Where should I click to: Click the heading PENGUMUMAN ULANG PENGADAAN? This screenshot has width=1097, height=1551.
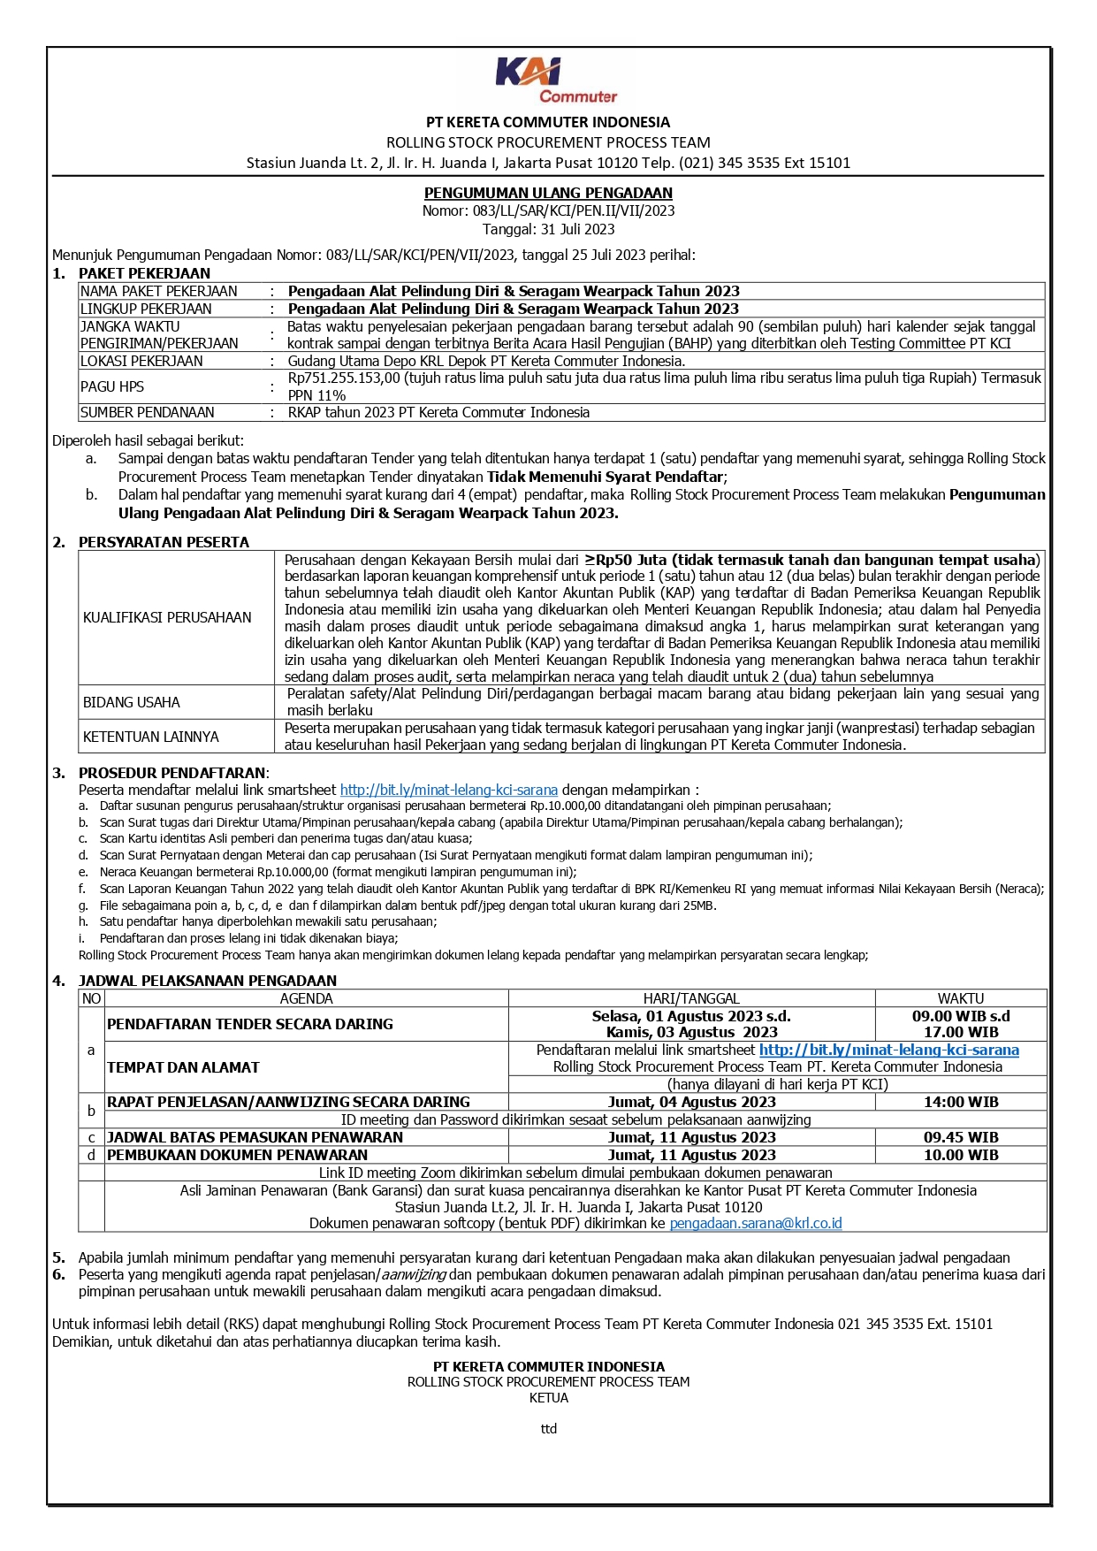pyautogui.click(x=548, y=193)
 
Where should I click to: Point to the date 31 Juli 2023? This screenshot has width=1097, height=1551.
pyautogui.click(x=574, y=229)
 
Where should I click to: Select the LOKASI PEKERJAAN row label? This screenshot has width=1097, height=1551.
pyautogui.click(x=141, y=361)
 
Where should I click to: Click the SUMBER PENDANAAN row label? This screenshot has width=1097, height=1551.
pyautogui.click(x=148, y=412)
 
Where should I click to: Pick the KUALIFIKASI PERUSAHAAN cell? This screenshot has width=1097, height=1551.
pyautogui.click(x=167, y=617)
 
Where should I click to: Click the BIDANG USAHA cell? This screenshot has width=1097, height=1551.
pyautogui.click(x=132, y=702)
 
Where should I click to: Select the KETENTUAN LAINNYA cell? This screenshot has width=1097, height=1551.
pyautogui.click(x=151, y=737)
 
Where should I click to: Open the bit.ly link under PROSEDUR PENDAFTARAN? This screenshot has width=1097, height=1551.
pyautogui.click(x=448, y=790)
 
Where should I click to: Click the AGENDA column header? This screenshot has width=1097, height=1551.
pyautogui.click(x=306, y=998)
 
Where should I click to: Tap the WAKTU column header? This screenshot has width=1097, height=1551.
pyautogui.click(x=961, y=998)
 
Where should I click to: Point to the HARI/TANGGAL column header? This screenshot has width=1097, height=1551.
pyautogui.click(x=691, y=998)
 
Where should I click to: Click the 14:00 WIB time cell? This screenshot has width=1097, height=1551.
pyautogui.click(x=961, y=1102)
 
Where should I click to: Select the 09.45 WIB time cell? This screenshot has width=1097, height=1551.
pyautogui.click(x=961, y=1137)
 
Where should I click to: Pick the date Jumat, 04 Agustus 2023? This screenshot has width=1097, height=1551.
pyautogui.click(x=691, y=1102)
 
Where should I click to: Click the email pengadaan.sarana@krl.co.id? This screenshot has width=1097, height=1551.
pyautogui.click(x=756, y=1223)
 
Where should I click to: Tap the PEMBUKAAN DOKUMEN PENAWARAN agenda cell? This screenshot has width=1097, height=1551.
pyautogui.click(x=238, y=1155)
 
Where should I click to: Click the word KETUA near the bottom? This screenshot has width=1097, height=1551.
pyautogui.click(x=548, y=1398)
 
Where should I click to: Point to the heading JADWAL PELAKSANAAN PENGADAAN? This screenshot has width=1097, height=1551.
pyautogui.click(x=208, y=981)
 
